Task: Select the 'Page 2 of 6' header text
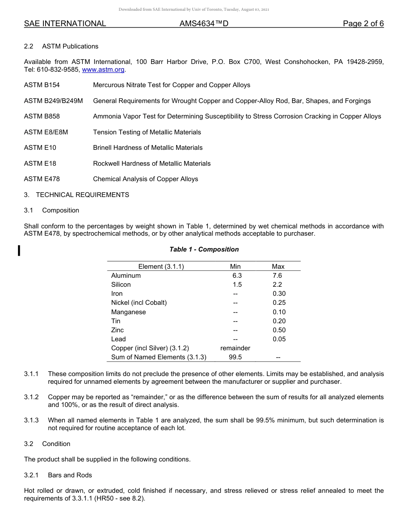click(x=363, y=24)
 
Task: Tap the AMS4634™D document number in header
click(x=204, y=24)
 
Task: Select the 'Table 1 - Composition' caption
click(x=204, y=249)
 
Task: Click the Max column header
click(x=278, y=267)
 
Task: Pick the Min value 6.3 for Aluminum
click(x=237, y=276)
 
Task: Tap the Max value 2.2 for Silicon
click(x=277, y=285)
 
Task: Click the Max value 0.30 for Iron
click(x=279, y=294)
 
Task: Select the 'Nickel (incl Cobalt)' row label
click(x=139, y=303)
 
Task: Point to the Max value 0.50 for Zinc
click(x=279, y=330)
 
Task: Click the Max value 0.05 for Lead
click(x=279, y=339)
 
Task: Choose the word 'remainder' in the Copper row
click(x=235, y=348)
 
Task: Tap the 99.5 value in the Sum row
click(x=235, y=357)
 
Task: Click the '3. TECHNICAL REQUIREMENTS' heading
click(x=76, y=195)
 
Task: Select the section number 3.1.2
click(x=31, y=397)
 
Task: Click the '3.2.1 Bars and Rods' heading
click(x=58, y=475)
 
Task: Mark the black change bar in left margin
click(x=19, y=250)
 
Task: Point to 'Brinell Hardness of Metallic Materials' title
click(x=148, y=148)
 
